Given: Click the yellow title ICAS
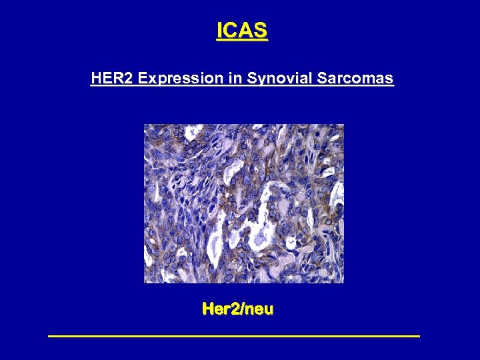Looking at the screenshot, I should tap(242, 30).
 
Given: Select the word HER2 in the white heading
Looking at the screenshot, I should tap(113, 79).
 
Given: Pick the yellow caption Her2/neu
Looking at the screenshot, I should tap(238, 309).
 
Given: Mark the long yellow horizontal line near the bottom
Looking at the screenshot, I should tap(234, 336).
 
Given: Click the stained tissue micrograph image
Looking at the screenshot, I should tap(244, 203).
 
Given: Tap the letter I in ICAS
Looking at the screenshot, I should tap(219, 30).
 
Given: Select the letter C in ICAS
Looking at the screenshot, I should tap(231, 30).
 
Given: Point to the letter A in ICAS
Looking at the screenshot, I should tap(245, 30).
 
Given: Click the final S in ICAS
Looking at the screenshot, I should tap(260, 30).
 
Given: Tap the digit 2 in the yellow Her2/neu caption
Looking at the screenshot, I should tap(236, 309).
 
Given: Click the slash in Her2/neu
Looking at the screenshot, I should tap(243, 309).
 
